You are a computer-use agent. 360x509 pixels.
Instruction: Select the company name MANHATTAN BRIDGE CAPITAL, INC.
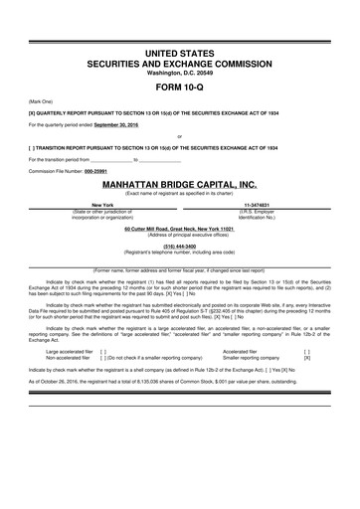click(179, 185)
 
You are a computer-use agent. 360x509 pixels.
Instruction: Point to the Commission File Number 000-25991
click(100, 171)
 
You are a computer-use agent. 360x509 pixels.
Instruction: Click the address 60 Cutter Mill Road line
click(179, 228)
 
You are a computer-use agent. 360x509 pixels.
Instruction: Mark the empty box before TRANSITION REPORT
click(34, 147)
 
